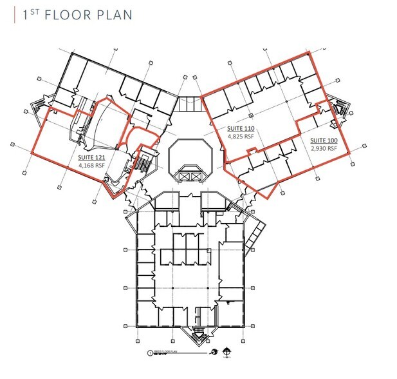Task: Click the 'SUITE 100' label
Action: point(324,140)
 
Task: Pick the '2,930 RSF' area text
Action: point(324,148)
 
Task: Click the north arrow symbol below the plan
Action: point(226,351)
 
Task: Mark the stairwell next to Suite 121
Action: point(144,164)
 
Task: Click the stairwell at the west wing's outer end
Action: point(39,108)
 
